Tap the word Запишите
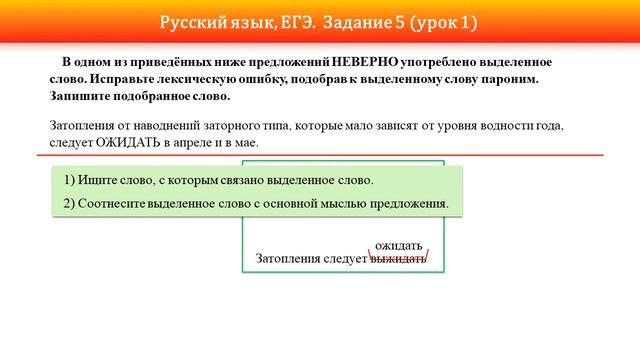pos(81,97)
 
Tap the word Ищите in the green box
pos(103,180)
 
